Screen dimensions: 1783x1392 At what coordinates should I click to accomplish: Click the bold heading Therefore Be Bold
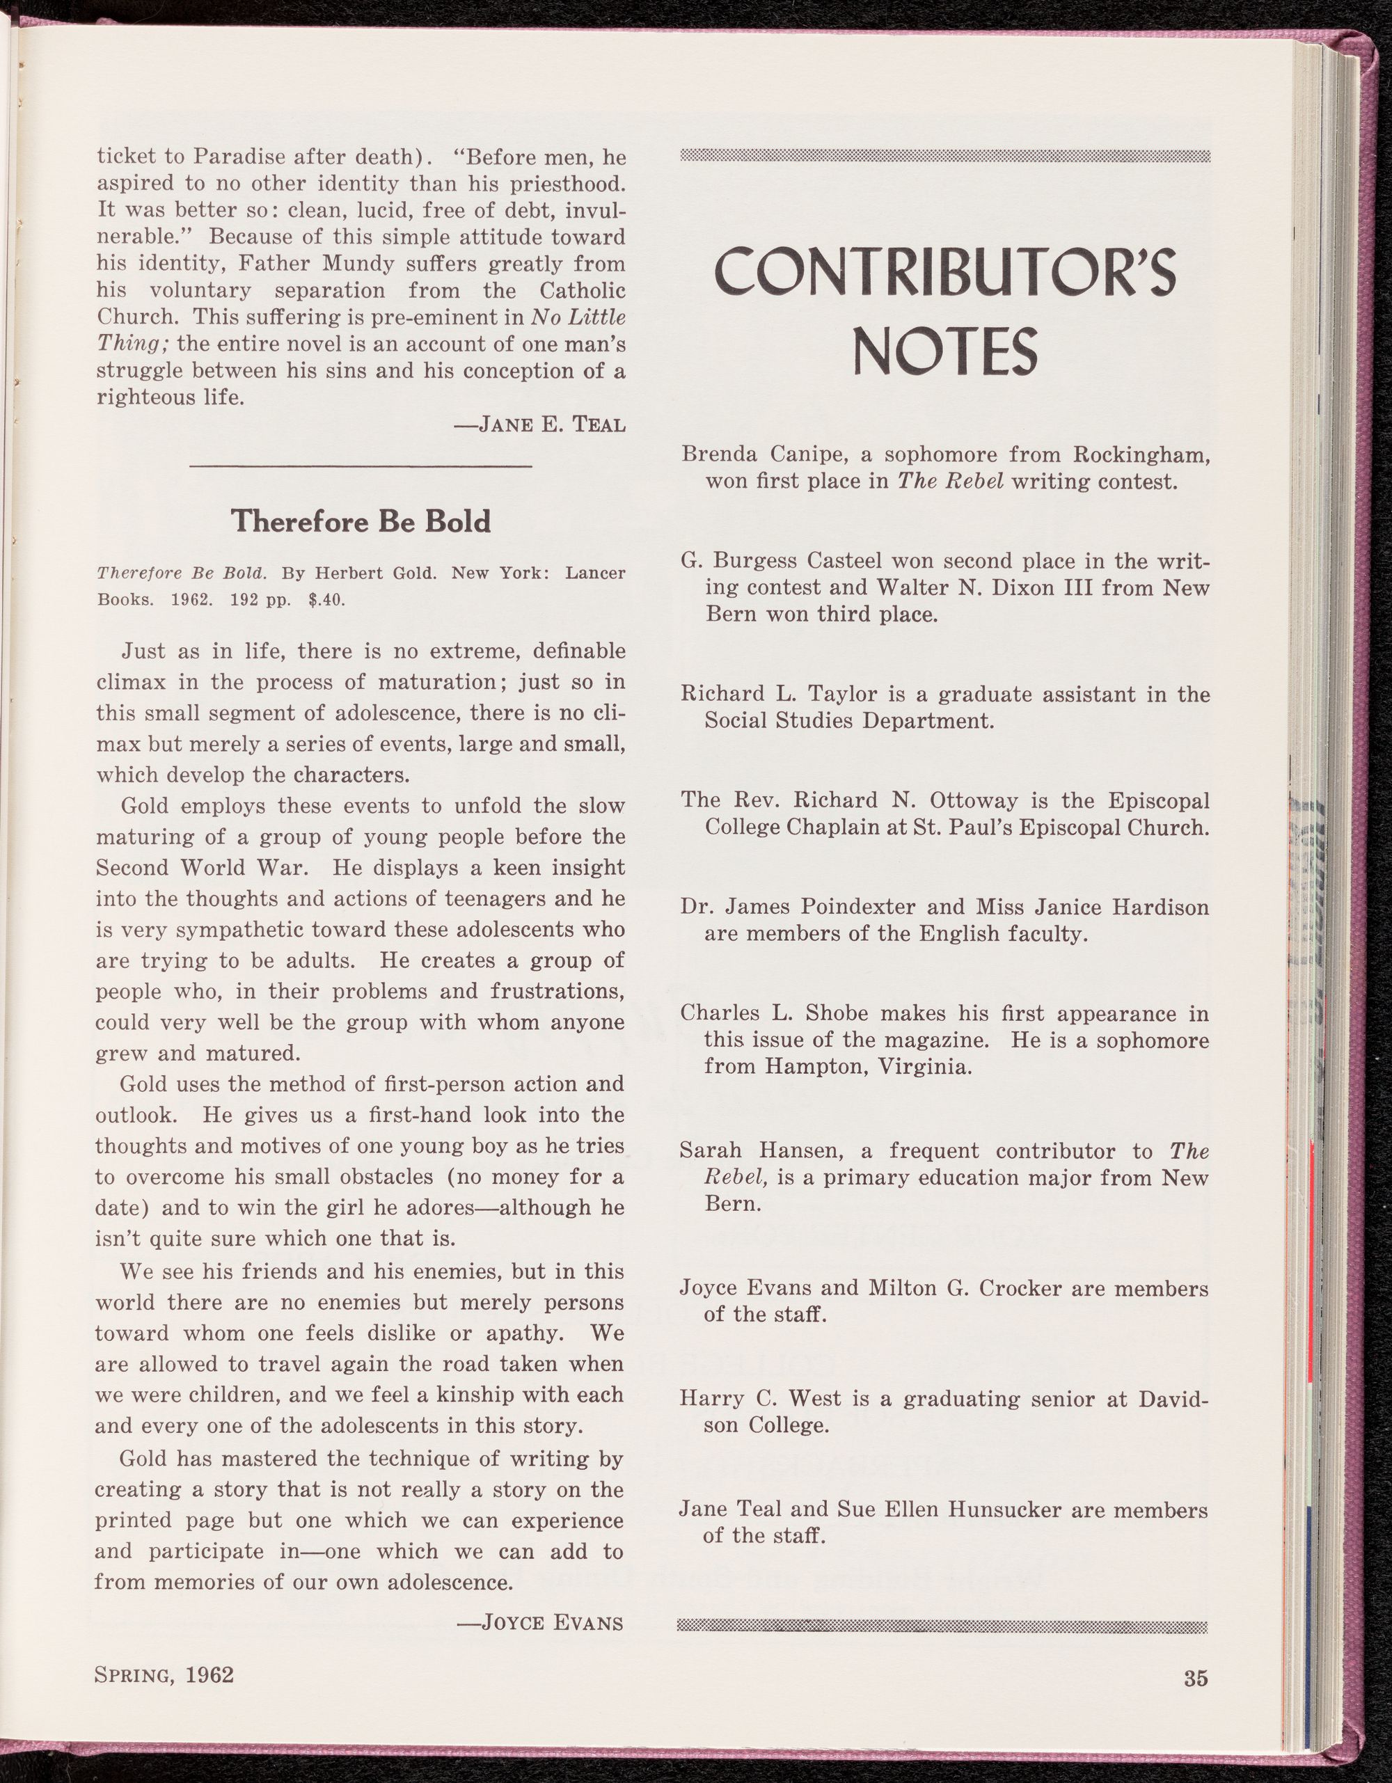pos(361,521)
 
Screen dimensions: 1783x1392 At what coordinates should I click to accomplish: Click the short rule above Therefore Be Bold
pos(360,466)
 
